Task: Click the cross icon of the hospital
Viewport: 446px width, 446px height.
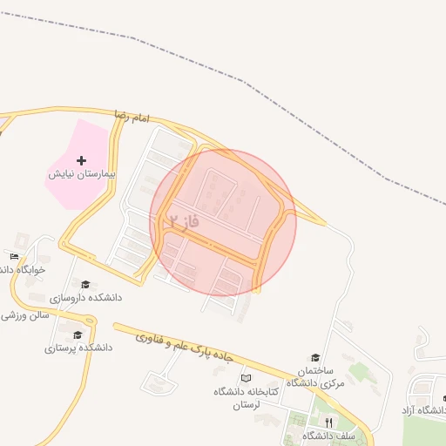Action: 82,160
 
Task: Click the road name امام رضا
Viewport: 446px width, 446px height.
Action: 132,117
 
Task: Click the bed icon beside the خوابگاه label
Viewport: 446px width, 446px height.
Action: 14,256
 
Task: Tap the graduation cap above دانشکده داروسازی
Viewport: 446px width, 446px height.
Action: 84,284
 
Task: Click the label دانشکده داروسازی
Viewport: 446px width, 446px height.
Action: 85,298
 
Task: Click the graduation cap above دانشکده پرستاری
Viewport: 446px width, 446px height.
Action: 78,334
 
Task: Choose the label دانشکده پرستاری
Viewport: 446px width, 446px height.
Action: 78,348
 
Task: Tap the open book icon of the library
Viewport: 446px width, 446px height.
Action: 247,378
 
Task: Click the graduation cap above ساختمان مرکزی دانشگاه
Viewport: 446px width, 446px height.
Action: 315,356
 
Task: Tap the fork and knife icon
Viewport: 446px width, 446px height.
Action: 328,422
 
